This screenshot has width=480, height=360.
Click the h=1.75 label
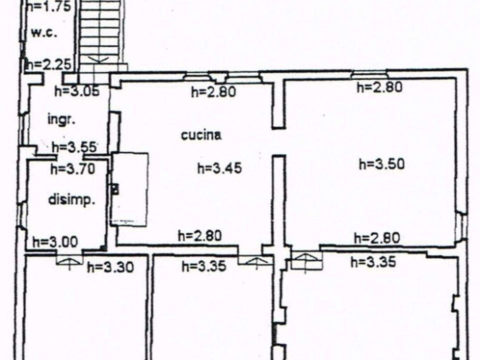49,6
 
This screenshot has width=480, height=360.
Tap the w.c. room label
44,32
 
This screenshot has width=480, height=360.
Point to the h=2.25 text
49,64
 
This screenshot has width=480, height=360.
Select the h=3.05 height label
77,91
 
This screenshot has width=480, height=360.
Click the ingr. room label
61,119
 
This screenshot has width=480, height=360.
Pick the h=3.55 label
75,147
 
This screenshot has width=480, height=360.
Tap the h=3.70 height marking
73,169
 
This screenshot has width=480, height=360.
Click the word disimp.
71,200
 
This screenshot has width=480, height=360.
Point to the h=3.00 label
55,242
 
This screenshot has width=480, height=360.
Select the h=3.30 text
110,267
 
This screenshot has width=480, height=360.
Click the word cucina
201,135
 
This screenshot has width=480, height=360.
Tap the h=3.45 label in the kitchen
219,168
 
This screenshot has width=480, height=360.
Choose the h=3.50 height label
381,164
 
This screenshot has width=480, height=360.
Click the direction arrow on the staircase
97,59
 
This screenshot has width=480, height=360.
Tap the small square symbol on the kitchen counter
115,188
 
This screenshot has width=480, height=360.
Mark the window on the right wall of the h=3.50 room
462,226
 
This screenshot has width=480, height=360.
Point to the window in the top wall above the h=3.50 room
370,74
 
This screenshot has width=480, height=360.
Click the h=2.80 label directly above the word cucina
213,91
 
